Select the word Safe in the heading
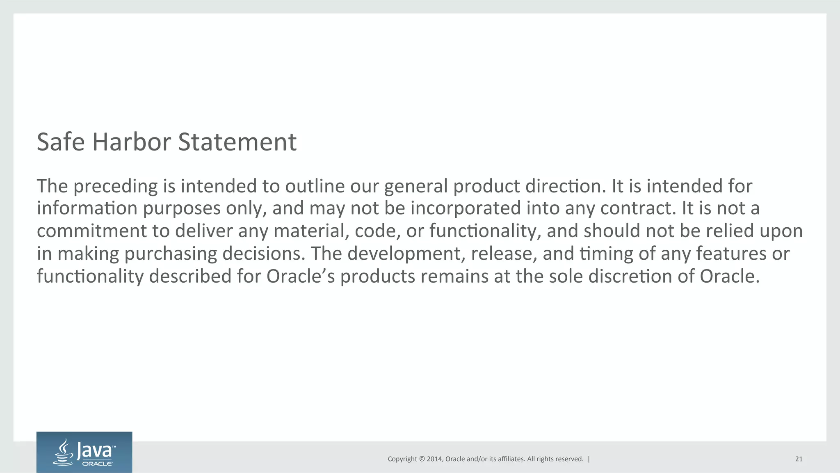(61, 142)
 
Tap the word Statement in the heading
(237, 142)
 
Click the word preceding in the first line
(116, 187)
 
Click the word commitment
(92, 231)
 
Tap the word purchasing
(171, 254)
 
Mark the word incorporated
(466, 208)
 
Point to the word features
(731, 254)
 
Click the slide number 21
(799, 459)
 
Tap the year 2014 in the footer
(434, 459)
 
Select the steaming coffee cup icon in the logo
(64, 452)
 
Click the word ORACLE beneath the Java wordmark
(97, 464)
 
